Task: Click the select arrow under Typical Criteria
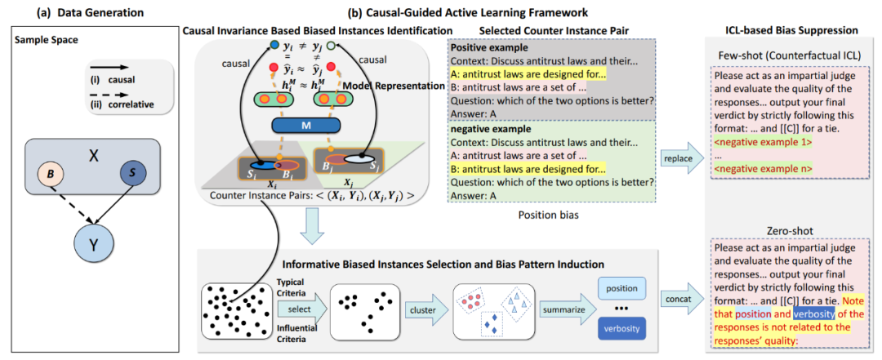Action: pyautogui.click(x=298, y=309)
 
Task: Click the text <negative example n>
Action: pyautogui.click(x=759, y=170)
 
